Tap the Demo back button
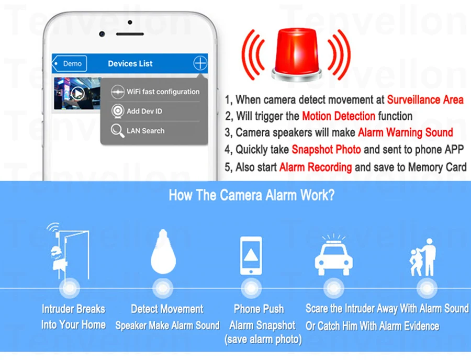[70, 63]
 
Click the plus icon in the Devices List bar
[200, 63]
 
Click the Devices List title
[130, 63]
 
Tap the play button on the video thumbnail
[77, 93]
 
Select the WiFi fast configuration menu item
[155, 92]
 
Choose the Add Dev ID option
[137, 111]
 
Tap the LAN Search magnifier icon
[117, 131]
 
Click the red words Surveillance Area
[425, 100]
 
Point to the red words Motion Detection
[339, 116]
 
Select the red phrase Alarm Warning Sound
[406, 132]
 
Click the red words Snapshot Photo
[326, 149]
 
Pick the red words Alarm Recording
[316, 167]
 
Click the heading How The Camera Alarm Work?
[252, 195]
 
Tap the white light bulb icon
[163, 252]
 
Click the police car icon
[333, 255]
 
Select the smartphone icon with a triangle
[251, 255]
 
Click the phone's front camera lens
[102, 34]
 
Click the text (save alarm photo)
[263, 339]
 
